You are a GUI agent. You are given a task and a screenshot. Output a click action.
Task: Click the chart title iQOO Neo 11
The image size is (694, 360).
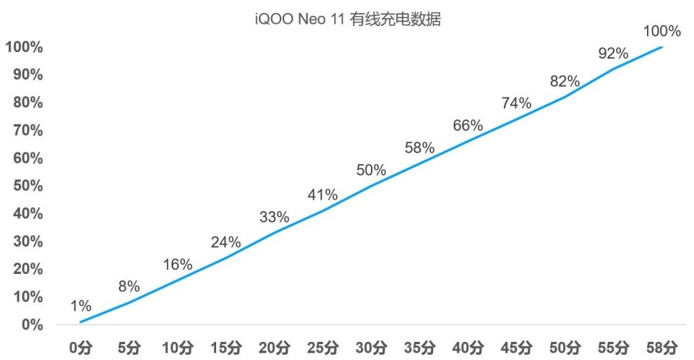coord(347,20)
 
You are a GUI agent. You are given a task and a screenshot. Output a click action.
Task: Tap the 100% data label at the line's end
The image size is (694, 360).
coord(662,31)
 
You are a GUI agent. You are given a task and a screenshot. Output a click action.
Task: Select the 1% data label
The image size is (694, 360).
coord(81,305)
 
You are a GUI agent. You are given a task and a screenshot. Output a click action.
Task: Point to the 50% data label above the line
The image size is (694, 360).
coord(372,171)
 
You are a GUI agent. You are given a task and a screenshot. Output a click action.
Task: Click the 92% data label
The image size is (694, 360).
coord(614,53)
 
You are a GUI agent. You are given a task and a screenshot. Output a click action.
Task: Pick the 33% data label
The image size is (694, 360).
coord(274,217)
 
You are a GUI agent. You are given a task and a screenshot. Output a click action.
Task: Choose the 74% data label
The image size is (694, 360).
coord(516,103)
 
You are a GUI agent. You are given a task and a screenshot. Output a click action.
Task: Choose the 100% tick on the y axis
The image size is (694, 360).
coord(24,48)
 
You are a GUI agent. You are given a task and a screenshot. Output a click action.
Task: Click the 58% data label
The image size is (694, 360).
coord(420,148)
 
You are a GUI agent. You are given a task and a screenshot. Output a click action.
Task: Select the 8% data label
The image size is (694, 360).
coord(129,286)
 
